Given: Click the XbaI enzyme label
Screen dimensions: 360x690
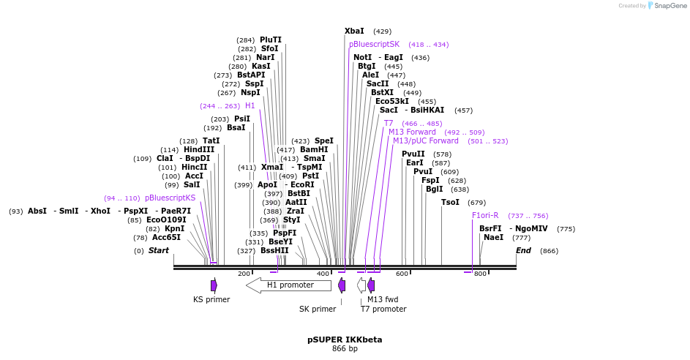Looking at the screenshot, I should coord(354,31).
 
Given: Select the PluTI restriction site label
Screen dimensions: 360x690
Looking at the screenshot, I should coord(270,40).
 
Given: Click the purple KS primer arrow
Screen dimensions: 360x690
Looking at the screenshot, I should coord(214,285).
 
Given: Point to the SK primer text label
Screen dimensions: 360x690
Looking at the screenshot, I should coord(318,309).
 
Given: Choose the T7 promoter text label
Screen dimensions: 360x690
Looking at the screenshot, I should coord(383,309).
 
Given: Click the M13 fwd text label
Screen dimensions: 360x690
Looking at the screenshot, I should coord(384,299).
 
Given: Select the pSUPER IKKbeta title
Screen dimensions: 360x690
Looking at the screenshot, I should coord(345,340).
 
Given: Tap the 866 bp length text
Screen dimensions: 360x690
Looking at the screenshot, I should coord(345,349).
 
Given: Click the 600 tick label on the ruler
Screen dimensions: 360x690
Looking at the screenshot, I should coord(402,274).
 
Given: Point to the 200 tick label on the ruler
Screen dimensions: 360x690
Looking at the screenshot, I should coord(244,274).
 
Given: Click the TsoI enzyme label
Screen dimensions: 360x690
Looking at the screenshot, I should coord(450,202).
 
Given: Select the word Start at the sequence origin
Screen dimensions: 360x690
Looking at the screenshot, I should coord(158,250).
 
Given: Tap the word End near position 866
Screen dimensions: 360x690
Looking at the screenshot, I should coord(523,250).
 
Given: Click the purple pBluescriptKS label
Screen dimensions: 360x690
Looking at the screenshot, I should coord(170,198).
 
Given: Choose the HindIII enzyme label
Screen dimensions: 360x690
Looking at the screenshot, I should coord(198,149).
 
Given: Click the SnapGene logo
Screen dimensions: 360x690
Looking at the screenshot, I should coord(664,6).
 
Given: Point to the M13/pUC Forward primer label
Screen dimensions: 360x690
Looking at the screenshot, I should coord(425,140).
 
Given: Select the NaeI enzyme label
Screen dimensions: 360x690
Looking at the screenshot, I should coord(493,237).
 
